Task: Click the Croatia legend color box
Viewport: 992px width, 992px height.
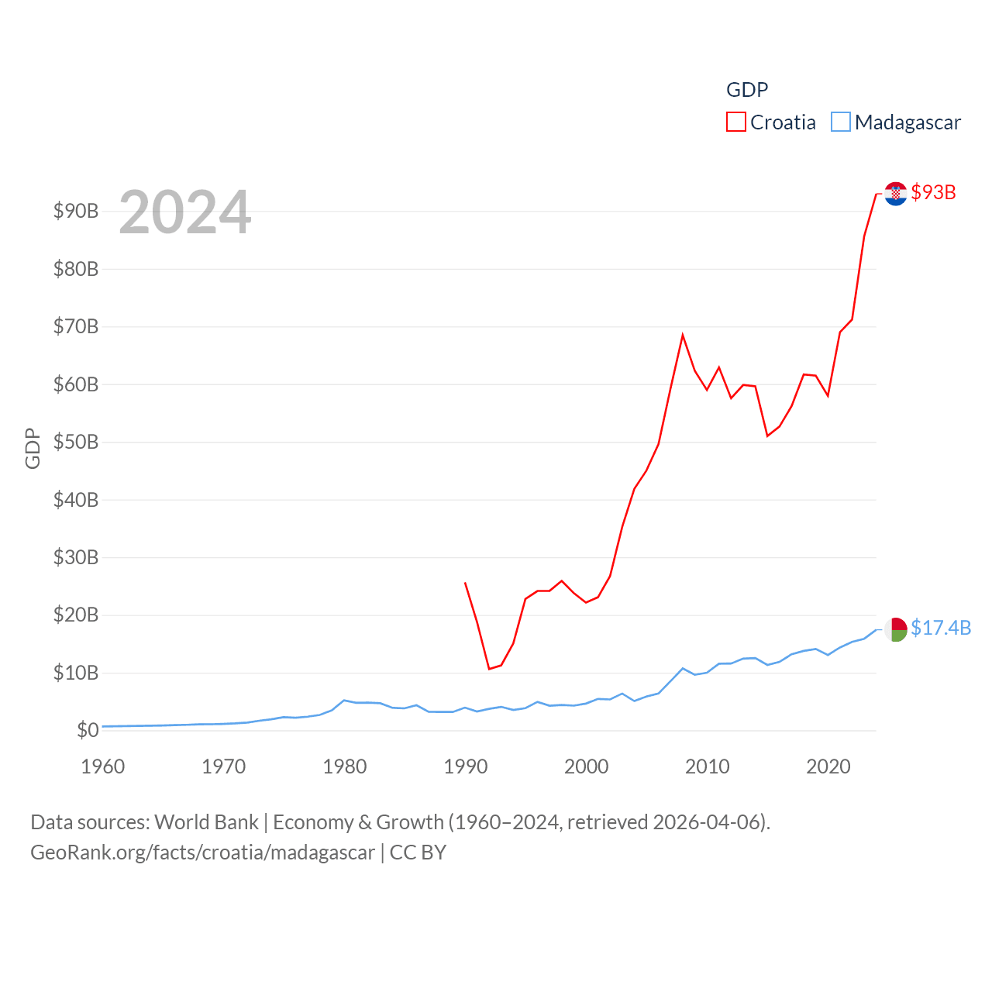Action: [x=735, y=122]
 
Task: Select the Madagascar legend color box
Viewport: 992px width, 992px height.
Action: [x=841, y=122]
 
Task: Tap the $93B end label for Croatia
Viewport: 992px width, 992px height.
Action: [x=933, y=192]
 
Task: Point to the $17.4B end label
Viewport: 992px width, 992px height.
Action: [x=941, y=628]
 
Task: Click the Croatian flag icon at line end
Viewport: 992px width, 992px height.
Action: [x=896, y=194]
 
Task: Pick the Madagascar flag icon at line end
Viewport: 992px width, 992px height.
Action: [x=896, y=629]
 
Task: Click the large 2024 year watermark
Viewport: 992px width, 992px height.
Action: [x=184, y=212]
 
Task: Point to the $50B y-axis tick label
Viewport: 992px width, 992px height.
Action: [x=76, y=442]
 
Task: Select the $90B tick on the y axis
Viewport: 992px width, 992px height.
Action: [x=76, y=211]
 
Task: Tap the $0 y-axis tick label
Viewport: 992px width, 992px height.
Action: [x=88, y=730]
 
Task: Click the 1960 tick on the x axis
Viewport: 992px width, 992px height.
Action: [x=103, y=766]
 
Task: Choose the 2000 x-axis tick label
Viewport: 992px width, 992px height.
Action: [x=587, y=766]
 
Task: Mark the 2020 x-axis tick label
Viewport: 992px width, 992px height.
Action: [x=828, y=766]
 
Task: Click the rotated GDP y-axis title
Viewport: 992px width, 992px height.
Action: [x=33, y=448]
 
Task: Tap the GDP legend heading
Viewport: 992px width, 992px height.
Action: [x=747, y=90]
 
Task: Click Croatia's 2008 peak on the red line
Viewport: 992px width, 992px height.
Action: [x=683, y=335]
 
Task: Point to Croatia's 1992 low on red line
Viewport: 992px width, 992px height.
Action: [x=489, y=668]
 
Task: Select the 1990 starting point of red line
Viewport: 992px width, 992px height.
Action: [x=465, y=583]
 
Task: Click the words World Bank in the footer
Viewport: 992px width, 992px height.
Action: [x=206, y=821]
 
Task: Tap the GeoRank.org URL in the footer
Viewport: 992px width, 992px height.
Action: [x=202, y=852]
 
